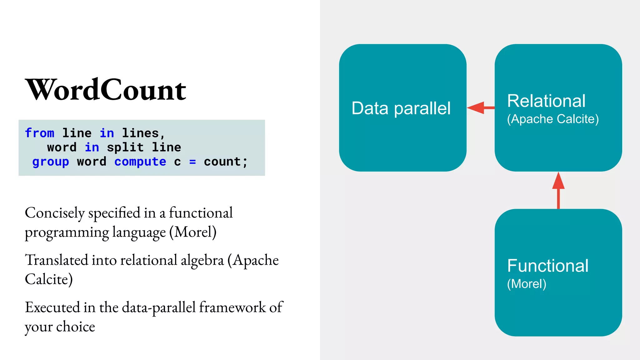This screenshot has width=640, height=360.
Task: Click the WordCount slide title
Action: click(x=106, y=90)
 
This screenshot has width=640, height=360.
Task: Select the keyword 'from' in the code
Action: click(x=40, y=133)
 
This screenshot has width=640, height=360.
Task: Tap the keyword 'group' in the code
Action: click(x=51, y=162)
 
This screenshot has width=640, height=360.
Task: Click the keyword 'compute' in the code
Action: click(x=140, y=162)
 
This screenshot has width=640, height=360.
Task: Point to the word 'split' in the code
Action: click(x=125, y=147)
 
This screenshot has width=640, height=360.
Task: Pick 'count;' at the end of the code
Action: click(x=225, y=162)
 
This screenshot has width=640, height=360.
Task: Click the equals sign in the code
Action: click(x=192, y=162)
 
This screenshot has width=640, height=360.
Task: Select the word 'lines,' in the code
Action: click(x=143, y=133)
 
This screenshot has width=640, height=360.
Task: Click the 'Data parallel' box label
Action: click(x=401, y=108)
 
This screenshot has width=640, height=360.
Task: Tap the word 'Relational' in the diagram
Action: click(x=546, y=101)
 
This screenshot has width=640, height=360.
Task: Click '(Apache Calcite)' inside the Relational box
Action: click(x=553, y=119)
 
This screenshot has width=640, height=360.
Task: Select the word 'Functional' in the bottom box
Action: click(x=548, y=266)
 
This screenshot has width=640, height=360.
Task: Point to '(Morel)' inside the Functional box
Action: click(x=527, y=284)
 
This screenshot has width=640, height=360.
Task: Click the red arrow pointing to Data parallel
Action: click(x=480, y=108)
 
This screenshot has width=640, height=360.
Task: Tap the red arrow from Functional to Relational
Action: click(x=558, y=190)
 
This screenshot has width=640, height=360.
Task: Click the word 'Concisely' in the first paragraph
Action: click(x=55, y=213)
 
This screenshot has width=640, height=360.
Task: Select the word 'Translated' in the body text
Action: click(x=57, y=260)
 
